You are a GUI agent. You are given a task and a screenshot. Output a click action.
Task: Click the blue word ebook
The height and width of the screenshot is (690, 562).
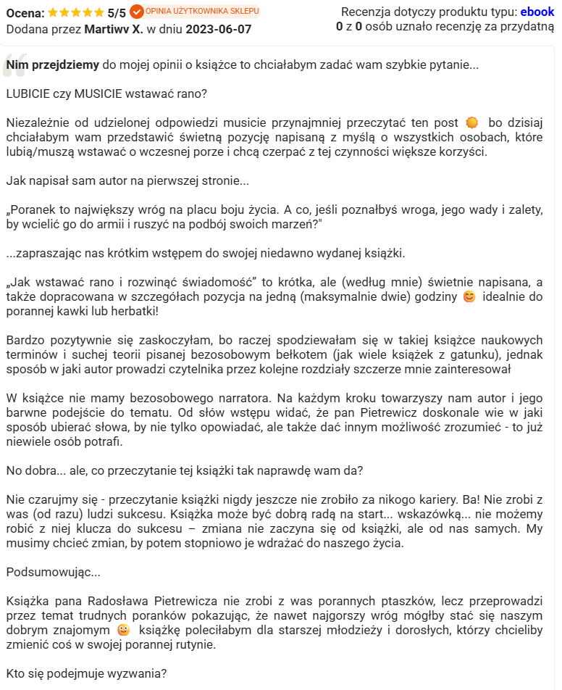click(537, 12)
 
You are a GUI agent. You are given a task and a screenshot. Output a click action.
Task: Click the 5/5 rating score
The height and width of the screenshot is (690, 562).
click(117, 13)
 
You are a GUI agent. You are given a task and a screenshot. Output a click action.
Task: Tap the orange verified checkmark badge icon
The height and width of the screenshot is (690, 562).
click(137, 12)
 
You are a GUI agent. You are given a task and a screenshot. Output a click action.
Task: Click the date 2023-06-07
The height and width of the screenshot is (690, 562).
click(219, 29)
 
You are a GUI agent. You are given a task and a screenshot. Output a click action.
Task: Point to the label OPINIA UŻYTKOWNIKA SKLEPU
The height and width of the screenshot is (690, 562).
click(202, 11)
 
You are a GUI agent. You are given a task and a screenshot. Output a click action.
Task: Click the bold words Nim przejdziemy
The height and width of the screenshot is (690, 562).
click(52, 65)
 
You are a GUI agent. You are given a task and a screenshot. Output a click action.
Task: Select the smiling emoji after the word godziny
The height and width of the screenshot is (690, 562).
click(469, 297)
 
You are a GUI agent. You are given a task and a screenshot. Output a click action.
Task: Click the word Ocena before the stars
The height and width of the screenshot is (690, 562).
click(24, 13)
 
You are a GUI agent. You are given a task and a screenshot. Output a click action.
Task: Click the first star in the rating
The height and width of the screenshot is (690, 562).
click(55, 12)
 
